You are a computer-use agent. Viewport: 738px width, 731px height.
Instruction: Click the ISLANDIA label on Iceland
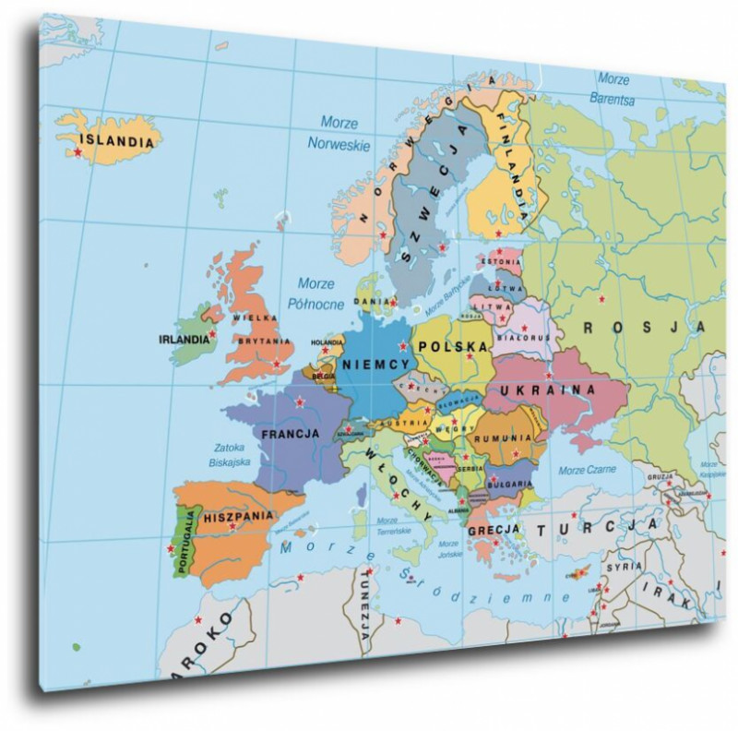pos(116,141)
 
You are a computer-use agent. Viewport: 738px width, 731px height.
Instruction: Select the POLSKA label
pos(452,346)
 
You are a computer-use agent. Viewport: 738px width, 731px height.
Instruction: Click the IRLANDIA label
pos(184,339)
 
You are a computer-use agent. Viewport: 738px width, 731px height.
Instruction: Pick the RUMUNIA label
pos(499,439)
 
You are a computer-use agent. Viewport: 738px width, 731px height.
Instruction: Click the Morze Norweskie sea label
pos(339,133)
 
